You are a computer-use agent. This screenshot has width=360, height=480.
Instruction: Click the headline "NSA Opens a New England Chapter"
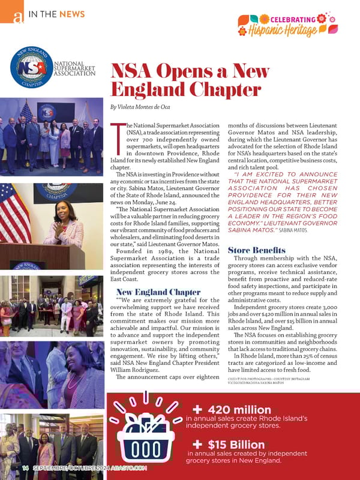pyautogui.click(x=182, y=81)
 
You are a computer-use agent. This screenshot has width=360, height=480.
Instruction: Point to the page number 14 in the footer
pyautogui.click(x=25, y=467)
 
